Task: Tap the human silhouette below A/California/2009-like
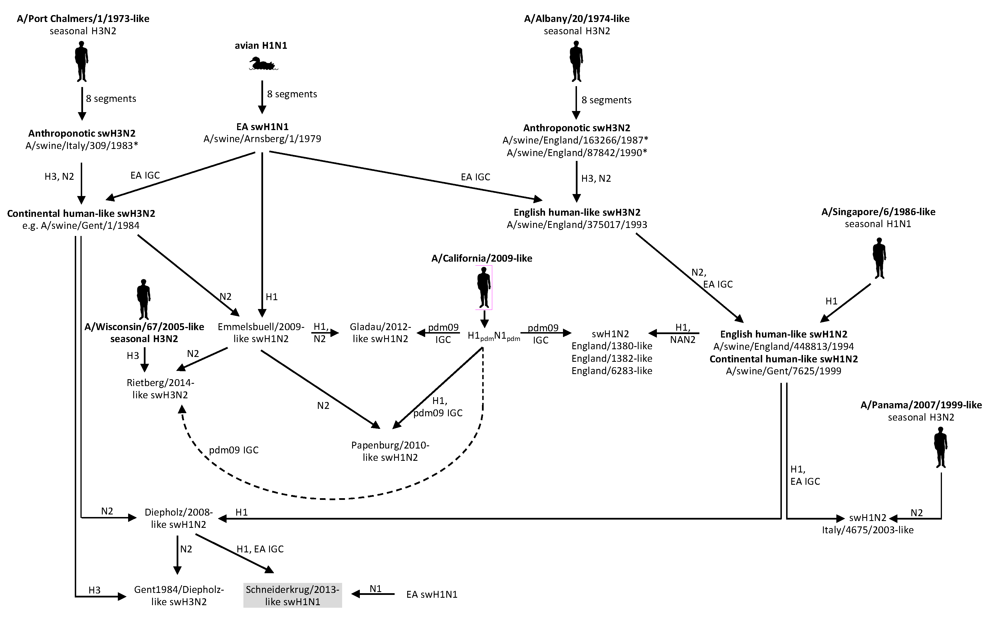pos(484,287)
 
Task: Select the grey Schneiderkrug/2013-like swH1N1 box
pos(292,595)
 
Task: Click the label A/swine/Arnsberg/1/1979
pos(262,139)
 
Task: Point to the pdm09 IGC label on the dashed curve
pos(234,450)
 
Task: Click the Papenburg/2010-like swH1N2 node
pos(390,451)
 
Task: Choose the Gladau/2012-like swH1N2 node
pos(380,333)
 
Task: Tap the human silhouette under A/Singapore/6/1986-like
pos(879,258)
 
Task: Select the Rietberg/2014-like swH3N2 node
pos(160,389)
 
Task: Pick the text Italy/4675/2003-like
pos(867,530)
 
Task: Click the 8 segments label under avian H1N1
pos(292,94)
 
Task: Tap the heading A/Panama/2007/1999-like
pos(921,405)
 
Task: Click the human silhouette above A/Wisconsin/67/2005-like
pos(144,299)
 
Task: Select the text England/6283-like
pos(611,371)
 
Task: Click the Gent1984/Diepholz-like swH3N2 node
pos(179,595)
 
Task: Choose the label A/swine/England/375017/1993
pos(577,225)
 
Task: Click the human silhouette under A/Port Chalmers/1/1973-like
pos(82,64)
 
